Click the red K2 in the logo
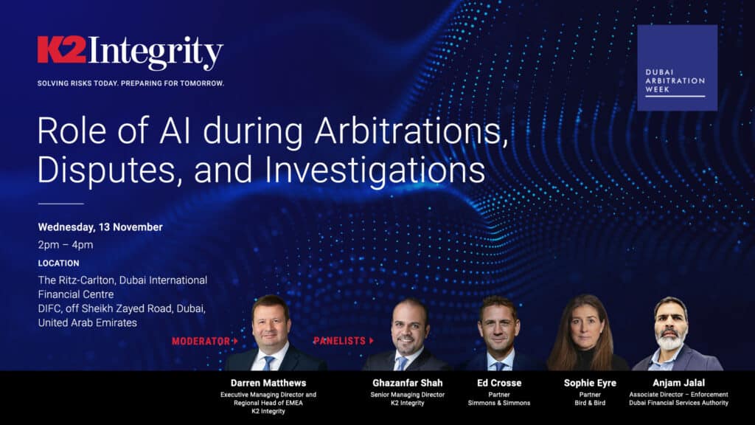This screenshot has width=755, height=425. tap(61, 49)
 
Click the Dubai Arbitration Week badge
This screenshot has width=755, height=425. tap(677, 68)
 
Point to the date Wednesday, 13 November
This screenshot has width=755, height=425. tap(100, 227)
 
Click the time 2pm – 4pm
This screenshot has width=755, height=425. tap(66, 245)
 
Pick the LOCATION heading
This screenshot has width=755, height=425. tap(58, 263)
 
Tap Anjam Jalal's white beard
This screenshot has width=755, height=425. tap(670, 341)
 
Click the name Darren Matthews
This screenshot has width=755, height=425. tap(268, 384)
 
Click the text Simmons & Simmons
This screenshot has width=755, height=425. tap(499, 403)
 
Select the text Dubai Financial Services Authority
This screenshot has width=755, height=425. tap(678, 403)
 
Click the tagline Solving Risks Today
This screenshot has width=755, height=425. tap(131, 83)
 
